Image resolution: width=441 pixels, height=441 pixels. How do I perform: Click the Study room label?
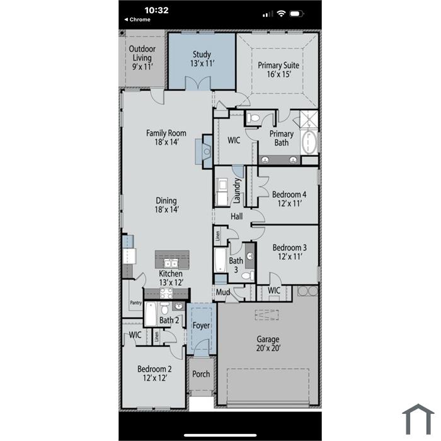pos(202,59)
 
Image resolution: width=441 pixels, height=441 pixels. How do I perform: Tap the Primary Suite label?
pos(278,69)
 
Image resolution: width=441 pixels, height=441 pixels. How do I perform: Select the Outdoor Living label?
pos(142,58)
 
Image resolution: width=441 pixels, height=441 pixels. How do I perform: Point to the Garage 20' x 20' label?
pos(268,343)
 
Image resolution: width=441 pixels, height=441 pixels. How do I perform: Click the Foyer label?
pos(201,326)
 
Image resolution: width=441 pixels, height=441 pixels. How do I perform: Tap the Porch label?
pos(201,374)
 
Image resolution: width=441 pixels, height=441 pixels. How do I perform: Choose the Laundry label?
pos(237,190)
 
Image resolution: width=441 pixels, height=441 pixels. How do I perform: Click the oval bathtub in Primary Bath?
pos(309,142)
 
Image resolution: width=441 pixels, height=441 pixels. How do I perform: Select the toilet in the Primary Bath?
pos(253,118)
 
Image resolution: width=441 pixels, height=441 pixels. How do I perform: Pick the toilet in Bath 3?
pos(248,276)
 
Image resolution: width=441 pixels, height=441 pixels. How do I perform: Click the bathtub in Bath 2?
pos(151,314)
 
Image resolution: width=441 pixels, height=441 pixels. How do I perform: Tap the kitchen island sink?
pos(171,263)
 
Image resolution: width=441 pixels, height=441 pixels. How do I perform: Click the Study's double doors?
pos(198,84)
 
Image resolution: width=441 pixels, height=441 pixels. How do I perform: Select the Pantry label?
pos(136,302)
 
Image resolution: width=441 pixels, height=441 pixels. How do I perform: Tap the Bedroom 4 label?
pos(289,198)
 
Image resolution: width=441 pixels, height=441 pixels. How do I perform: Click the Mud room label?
pos(223,292)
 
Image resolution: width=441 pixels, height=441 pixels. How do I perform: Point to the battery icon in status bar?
pos(297,13)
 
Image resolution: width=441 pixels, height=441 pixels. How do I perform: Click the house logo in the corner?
pos(418,419)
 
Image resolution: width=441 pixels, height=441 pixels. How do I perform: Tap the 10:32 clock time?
pos(156,11)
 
